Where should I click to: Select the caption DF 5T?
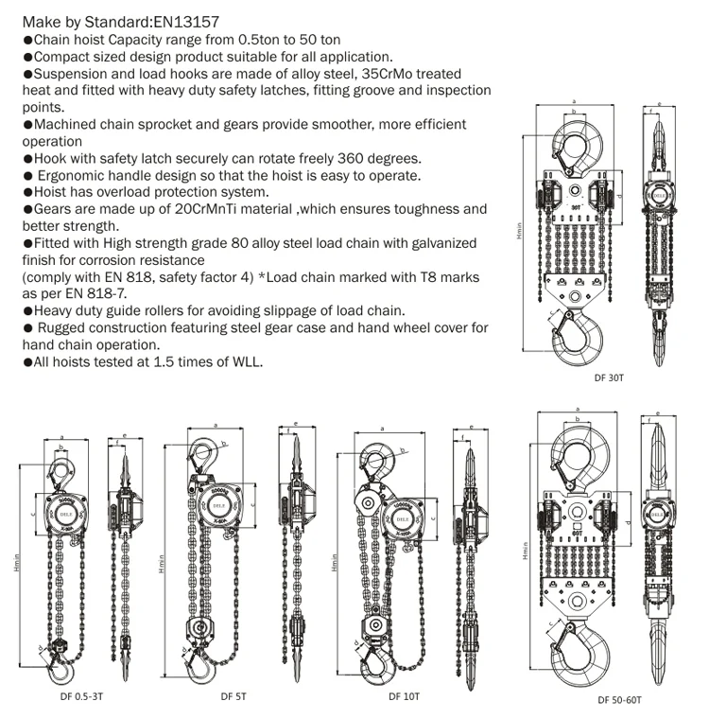(233, 697)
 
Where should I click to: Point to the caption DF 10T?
(404, 697)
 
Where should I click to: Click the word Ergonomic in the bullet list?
(79, 175)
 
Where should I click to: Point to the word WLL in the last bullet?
(244, 362)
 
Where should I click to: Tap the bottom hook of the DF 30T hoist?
(578, 338)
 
